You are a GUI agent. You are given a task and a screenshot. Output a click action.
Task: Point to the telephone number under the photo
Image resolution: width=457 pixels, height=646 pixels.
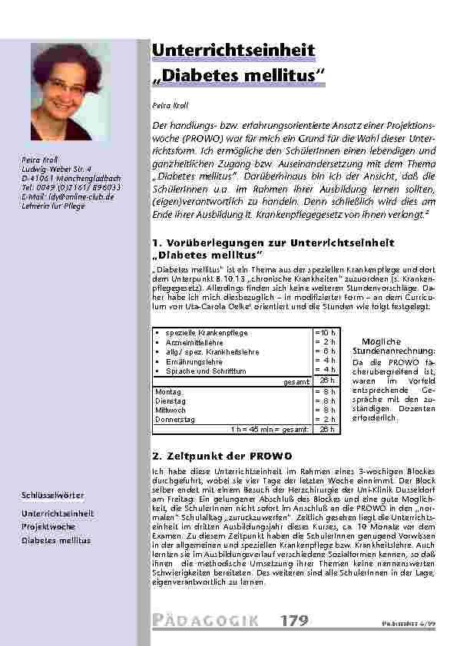pyautogui.click(x=71, y=188)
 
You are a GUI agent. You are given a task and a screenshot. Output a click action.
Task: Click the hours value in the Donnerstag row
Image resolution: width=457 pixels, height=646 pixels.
pyautogui.click(x=326, y=420)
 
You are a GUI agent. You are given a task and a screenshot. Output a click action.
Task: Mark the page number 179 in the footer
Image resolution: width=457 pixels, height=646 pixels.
pyautogui.click(x=295, y=620)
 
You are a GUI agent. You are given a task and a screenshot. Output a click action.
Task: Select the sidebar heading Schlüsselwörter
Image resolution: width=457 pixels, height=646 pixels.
pyautogui.click(x=53, y=496)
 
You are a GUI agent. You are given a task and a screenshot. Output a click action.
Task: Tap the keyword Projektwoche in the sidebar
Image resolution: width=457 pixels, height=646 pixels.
pyautogui.click(x=48, y=526)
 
